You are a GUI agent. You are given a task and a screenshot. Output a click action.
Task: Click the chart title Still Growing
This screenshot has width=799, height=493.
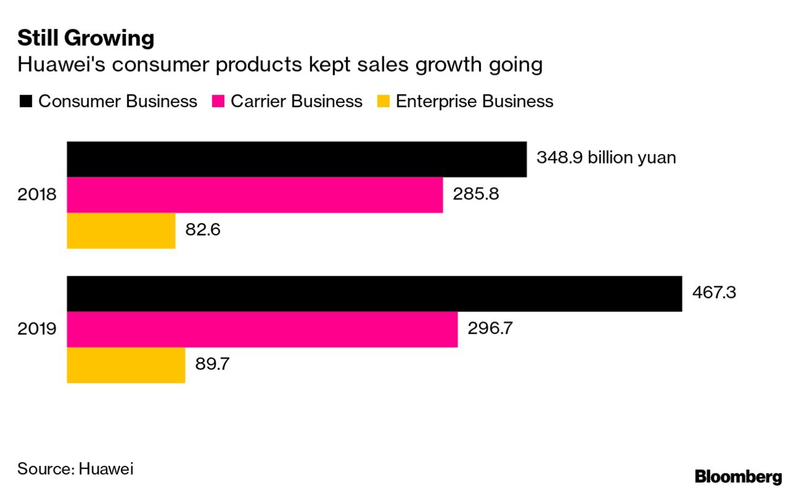tap(86, 38)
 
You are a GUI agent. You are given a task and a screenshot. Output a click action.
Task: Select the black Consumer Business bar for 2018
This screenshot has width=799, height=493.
tap(296, 159)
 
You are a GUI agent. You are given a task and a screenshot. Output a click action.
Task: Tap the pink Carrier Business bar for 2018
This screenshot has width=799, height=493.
tap(254, 195)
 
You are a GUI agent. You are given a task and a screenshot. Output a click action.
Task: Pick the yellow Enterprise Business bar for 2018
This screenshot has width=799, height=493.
tap(121, 230)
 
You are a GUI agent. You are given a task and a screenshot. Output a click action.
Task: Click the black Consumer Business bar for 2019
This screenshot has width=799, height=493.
tap(374, 294)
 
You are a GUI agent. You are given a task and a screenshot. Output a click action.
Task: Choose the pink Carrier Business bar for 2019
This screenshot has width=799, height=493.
tap(262, 329)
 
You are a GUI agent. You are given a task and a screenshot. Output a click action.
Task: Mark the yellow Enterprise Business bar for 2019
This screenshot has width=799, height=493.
tap(126, 365)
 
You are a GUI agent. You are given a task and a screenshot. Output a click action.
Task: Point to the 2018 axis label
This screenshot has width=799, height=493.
tap(37, 195)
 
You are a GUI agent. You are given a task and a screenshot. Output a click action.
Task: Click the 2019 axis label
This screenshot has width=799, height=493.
tap(37, 329)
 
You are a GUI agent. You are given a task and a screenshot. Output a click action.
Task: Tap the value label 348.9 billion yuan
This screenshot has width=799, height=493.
tap(606, 158)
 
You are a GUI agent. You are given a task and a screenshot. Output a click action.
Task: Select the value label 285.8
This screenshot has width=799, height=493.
tap(475, 195)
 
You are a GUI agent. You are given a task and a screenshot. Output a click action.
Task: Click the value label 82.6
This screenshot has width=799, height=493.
tap(203, 230)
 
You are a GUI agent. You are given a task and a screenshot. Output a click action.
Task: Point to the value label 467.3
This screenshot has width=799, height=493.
tap(714, 292)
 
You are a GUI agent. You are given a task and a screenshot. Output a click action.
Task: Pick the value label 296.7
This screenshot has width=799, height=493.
tap(490, 328)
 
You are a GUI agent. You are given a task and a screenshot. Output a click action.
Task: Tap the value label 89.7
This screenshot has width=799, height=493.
tap(213, 364)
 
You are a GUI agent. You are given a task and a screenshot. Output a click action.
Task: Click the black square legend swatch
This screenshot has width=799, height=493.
tap(25, 102)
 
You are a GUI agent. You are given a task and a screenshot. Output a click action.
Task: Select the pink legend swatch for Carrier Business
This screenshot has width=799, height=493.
tap(218, 102)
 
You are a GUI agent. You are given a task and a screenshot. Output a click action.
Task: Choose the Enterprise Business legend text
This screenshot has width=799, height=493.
tap(474, 102)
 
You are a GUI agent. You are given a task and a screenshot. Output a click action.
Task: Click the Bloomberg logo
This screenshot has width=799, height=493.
tap(738, 477)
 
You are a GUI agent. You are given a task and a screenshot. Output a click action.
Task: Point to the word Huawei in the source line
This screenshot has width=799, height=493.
tap(106, 469)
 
